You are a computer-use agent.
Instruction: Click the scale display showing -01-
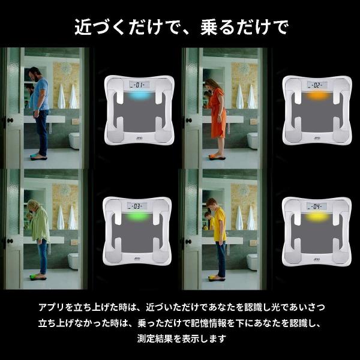[x=137, y=85]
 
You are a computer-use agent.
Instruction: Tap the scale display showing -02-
[x=316, y=85]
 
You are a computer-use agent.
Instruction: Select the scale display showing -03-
[x=137, y=206]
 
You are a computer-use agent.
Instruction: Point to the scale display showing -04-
[x=316, y=206]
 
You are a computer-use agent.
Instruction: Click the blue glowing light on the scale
[x=137, y=95]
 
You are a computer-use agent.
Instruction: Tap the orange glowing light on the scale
[x=316, y=95]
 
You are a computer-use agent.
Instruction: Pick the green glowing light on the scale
[x=137, y=217]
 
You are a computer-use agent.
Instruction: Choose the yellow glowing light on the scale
[x=316, y=217]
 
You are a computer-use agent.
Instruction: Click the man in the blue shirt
[x=40, y=108]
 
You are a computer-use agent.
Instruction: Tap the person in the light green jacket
[x=40, y=231]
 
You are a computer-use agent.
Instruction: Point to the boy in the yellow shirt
[x=219, y=234]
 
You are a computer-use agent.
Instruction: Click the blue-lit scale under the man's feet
[x=37, y=158]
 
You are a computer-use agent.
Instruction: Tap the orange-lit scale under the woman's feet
[x=214, y=158]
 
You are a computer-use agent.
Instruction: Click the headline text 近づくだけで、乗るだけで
[x=180, y=26]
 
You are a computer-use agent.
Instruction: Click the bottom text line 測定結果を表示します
[x=180, y=339]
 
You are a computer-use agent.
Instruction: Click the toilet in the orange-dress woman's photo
[x=253, y=140]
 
